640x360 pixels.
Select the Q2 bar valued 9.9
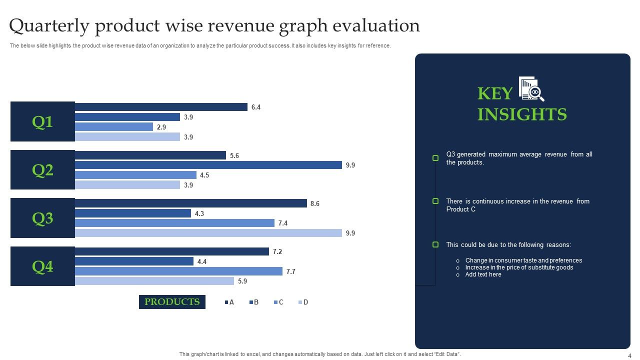point(208,165)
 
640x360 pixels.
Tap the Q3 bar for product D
point(208,233)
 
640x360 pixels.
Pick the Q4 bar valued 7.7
point(178,271)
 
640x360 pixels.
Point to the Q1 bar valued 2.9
point(114,127)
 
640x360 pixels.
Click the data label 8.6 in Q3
point(315,203)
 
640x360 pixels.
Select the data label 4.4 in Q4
point(201,261)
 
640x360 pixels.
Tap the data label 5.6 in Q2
point(234,155)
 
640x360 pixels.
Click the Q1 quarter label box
point(42,121)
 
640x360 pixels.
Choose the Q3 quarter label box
point(42,218)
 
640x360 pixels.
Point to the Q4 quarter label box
point(42,266)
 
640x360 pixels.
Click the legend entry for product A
point(229,302)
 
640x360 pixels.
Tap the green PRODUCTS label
point(172,302)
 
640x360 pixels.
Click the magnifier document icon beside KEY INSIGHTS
point(531,89)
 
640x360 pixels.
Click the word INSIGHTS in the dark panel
point(522,114)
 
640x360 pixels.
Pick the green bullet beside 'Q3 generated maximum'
point(435,158)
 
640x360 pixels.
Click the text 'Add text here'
point(483,274)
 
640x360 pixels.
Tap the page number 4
point(629,355)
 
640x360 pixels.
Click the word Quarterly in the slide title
point(48,25)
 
